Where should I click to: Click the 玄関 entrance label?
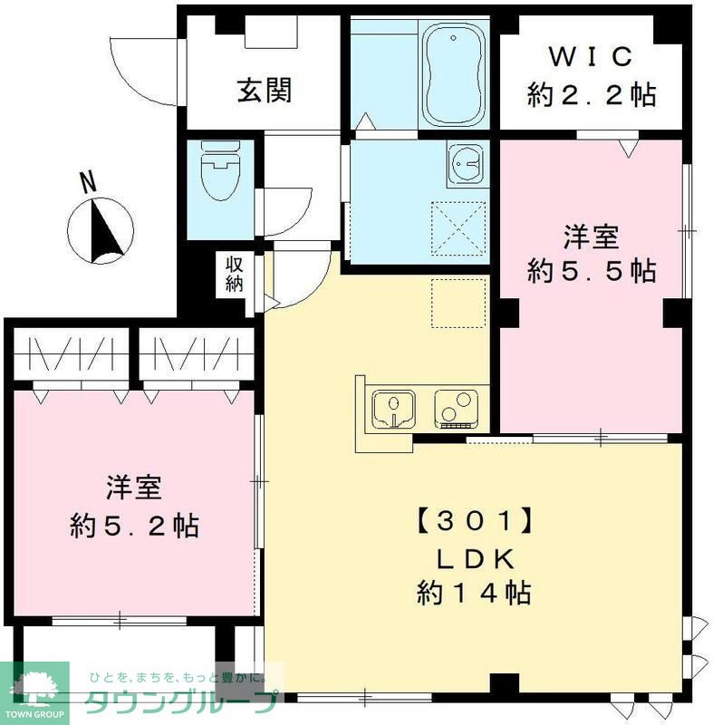(x=265, y=91)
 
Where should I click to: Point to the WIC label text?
(x=591, y=56)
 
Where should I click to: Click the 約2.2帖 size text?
(x=591, y=94)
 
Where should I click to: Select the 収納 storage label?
(x=235, y=274)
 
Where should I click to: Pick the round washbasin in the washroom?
(x=466, y=164)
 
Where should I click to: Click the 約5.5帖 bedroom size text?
(x=592, y=270)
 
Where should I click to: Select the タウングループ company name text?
(x=182, y=703)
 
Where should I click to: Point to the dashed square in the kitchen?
(x=459, y=303)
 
